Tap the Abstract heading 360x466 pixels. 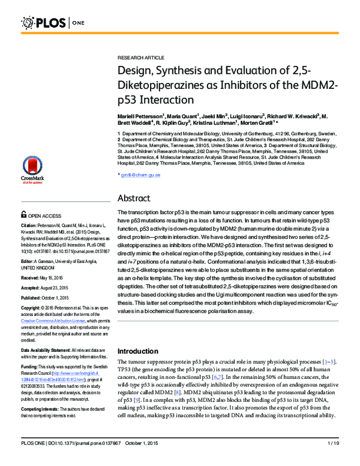point(137,198)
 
